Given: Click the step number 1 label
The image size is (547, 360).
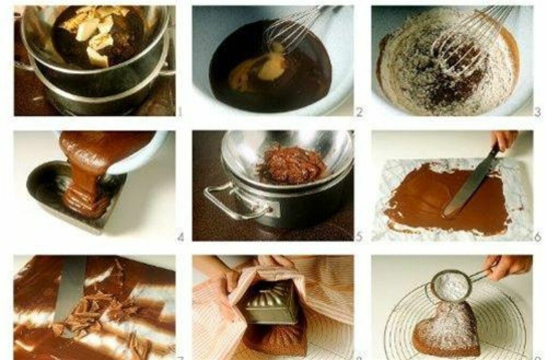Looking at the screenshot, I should click(x=180, y=112).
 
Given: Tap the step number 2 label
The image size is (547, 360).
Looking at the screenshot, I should click(x=359, y=112).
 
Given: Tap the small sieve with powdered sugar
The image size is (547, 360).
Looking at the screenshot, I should click(x=452, y=285).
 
